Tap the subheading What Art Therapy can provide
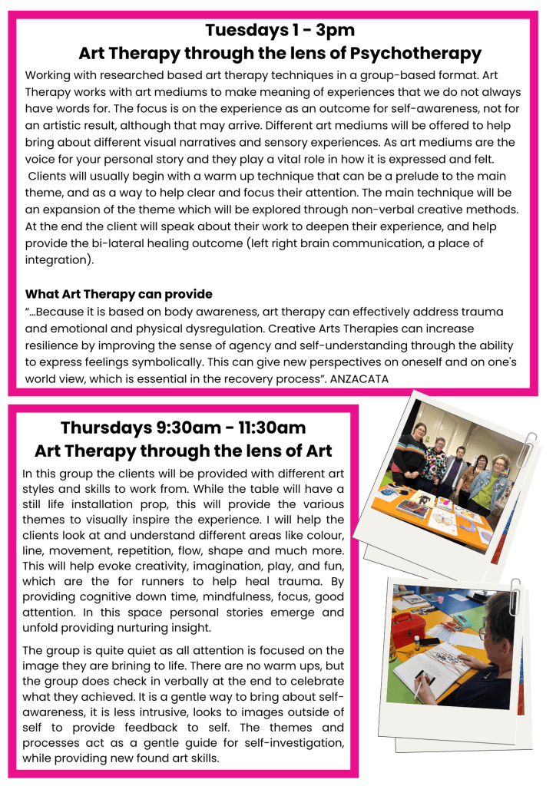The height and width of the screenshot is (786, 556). coord(118,294)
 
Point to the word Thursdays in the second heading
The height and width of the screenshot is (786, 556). coord(108,428)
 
